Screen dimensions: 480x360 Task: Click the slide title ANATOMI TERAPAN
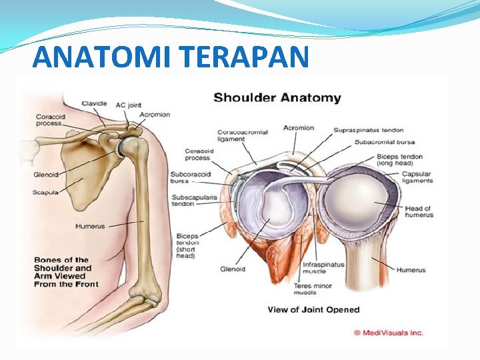pyautogui.click(x=171, y=57)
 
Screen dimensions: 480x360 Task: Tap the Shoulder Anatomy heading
pyautogui.click(x=277, y=98)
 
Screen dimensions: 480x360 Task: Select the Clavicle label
pyautogui.click(x=94, y=103)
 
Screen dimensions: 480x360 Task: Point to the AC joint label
pyautogui.click(x=128, y=104)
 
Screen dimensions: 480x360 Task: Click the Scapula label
pyautogui.click(x=46, y=192)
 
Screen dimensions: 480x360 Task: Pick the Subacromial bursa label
pyautogui.click(x=385, y=142)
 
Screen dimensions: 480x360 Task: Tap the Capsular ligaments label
pyautogui.click(x=417, y=178)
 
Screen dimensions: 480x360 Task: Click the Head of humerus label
pyautogui.click(x=418, y=212)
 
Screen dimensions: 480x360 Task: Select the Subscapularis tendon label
pyautogui.click(x=192, y=201)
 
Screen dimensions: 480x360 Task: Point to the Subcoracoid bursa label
pyautogui.click(x=190, y=177)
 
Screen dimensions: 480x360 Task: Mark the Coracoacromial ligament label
pyautogui.click(x=243, y=136)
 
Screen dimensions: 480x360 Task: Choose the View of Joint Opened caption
pyautogui.click(x=313, y=309)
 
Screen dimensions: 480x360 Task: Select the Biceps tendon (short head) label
pyautogui.click(x=187, y=246)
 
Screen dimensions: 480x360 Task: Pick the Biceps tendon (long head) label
pyautogui.click(x=417, y=160)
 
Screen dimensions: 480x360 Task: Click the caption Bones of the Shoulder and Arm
pyautogui.click(x=66, y=272)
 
